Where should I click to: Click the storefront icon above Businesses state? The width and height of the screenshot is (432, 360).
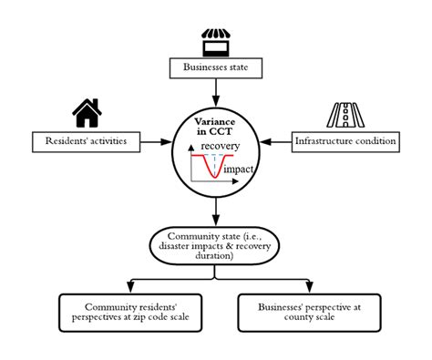tap(215, 42)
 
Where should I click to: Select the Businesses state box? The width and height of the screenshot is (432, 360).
tap(215, 68)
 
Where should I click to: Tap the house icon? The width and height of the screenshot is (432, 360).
tap(87, 112)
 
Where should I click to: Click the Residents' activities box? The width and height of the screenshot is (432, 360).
tap(87, 141)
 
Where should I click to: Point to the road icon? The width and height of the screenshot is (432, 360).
tap(344, 113)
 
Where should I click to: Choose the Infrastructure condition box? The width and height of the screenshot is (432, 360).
tap(345, 141)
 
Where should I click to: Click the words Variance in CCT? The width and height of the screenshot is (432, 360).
tap(215, 126)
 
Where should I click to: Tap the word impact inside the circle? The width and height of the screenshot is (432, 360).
tap(238, 170)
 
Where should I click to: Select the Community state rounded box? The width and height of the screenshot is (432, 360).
tap(215, 247)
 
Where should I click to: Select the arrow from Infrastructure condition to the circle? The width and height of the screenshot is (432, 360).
tap(273, 141)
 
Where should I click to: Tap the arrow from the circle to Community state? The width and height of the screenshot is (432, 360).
tap(215, 214)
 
